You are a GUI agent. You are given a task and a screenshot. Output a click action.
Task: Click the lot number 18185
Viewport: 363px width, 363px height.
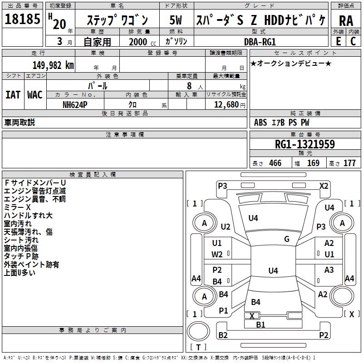[22, 19]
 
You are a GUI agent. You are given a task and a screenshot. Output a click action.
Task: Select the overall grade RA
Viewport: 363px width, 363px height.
[346, 21]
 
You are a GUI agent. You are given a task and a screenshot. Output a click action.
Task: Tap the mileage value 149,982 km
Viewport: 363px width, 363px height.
[53, 65]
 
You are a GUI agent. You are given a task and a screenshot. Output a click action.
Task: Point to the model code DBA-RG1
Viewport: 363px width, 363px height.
[260, 42]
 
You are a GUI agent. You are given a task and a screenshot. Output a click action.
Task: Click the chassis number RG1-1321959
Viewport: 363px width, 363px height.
[305, 144]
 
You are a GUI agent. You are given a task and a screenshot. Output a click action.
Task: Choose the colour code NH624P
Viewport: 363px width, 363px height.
[75, 105]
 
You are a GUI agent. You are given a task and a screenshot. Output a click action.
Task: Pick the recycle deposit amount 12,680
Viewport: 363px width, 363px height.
[226, 105]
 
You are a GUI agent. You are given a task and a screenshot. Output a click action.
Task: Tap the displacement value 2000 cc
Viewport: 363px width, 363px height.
[142, 42]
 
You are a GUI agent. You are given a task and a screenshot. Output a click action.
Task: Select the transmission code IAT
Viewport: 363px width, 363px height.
[13, 95]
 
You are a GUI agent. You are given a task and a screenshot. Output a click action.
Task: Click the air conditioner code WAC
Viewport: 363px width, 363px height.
[35, 95]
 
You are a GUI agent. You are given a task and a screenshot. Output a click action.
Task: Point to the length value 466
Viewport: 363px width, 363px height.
[275, 163]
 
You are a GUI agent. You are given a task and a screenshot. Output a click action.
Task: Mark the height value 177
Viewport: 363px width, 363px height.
[349, 163]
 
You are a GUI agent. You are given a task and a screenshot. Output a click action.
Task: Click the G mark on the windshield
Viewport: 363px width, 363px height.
[287, 239]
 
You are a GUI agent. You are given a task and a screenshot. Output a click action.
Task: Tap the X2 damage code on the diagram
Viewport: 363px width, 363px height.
[324, 186]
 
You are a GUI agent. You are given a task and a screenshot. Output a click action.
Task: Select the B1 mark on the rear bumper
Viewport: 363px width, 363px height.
[260, 324]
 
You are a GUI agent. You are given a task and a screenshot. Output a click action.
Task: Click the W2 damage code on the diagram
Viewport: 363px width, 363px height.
[217, 255]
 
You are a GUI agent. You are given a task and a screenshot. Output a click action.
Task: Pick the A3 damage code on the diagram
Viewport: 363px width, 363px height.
[329, 270]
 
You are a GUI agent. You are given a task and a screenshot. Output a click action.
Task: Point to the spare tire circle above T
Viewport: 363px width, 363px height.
[198, 331]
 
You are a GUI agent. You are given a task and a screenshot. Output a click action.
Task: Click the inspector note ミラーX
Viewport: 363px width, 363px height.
[17, 207]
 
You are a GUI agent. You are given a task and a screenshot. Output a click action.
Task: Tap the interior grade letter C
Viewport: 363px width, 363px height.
[353, 41]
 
